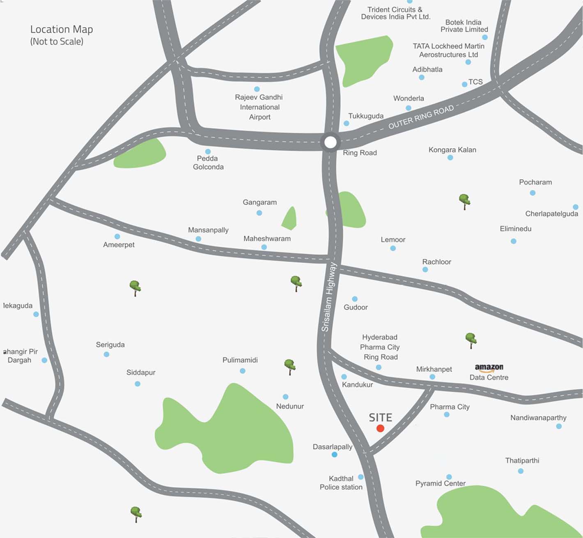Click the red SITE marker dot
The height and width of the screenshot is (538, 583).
380,428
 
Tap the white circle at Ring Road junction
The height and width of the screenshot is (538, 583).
330,143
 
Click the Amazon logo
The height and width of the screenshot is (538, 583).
489,367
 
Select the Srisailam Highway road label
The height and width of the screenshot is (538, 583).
328,297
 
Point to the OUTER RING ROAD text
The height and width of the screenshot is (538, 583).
421,117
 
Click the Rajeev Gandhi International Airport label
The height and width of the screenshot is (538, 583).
259,107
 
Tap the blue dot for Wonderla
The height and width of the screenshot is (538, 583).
409,108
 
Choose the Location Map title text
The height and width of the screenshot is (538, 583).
62,30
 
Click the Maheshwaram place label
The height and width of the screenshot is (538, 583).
267,239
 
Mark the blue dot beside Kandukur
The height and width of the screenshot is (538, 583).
344,377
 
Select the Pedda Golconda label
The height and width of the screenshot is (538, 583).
208,163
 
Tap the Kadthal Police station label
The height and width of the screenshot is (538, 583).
341,483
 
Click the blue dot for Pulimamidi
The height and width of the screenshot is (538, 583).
243,371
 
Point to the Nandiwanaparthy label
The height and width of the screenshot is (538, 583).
538,418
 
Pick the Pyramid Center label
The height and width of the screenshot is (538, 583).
440,483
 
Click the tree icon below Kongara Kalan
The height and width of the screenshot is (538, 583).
464,201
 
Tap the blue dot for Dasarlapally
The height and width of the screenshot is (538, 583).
335,455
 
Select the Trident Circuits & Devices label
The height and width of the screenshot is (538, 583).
395,13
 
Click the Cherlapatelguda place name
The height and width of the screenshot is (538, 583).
551,214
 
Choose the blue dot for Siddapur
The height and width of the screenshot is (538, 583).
138,384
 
